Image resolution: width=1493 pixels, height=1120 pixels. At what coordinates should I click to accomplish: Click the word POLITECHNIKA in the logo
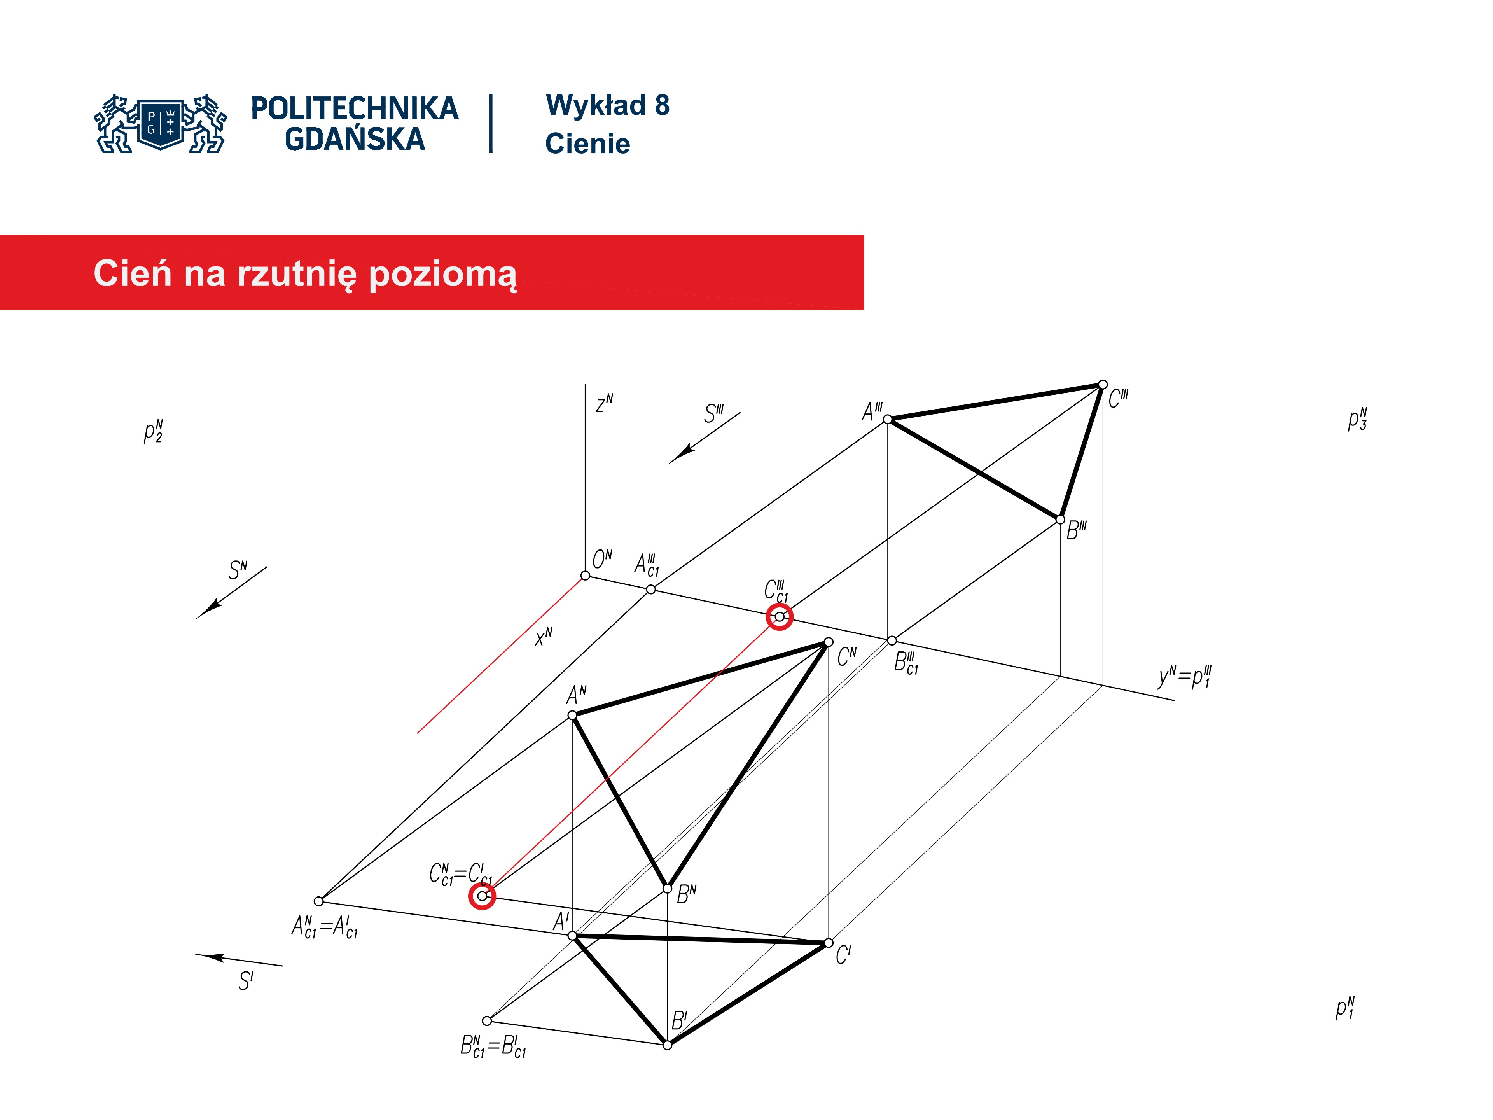coord(354,108)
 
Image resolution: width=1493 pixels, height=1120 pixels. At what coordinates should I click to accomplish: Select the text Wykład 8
coord(607,105)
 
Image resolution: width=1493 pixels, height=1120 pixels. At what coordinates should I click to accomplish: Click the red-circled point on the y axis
coord(780,616)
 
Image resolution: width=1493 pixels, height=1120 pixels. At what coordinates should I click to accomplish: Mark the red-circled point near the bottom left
coord(482,896)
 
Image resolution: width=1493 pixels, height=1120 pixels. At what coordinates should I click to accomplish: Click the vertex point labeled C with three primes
coord(1102,385)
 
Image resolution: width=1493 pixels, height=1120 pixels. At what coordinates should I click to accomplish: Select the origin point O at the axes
coord(585,575)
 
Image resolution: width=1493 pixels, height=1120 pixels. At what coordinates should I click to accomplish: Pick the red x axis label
coord(543,636)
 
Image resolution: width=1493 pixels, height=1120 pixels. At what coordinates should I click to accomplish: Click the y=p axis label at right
coord(1185,676)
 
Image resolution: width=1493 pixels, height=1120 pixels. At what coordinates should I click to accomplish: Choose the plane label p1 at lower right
coord(1345,1009)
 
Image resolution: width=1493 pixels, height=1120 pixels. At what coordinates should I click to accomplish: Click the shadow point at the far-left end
coord(318,901)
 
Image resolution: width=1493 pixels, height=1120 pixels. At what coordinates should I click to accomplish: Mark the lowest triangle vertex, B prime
coord(667,1045)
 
